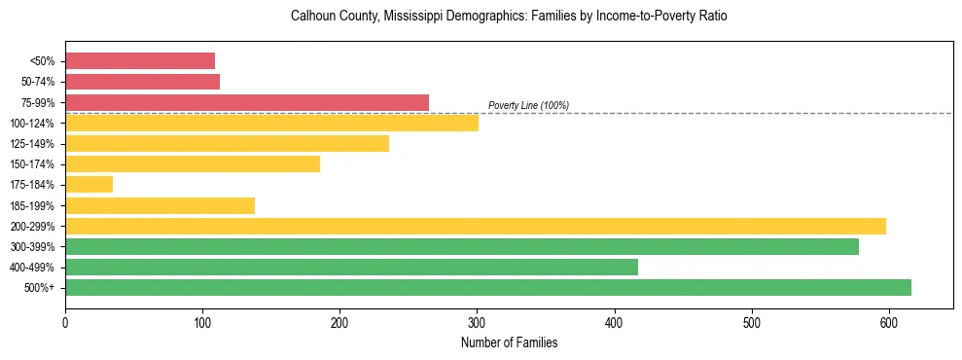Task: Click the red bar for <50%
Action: pos(140,61)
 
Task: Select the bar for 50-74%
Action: pos(142,82)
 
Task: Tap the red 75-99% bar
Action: pos(247,102)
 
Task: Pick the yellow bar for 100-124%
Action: pos(271,123)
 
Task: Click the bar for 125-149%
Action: pos(227,143)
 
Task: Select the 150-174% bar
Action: pos(193,163)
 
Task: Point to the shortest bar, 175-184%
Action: pos(89,184)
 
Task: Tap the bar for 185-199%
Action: pos(160,205)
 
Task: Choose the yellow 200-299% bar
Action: pos(476,226)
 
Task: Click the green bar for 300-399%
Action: pos(462,246)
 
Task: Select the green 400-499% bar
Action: pos(351,267)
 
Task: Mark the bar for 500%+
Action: pos(488,287)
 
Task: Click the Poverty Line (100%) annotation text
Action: pos(528,105)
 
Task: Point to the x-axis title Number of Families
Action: pos(509,342)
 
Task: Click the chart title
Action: pos(509,17)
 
